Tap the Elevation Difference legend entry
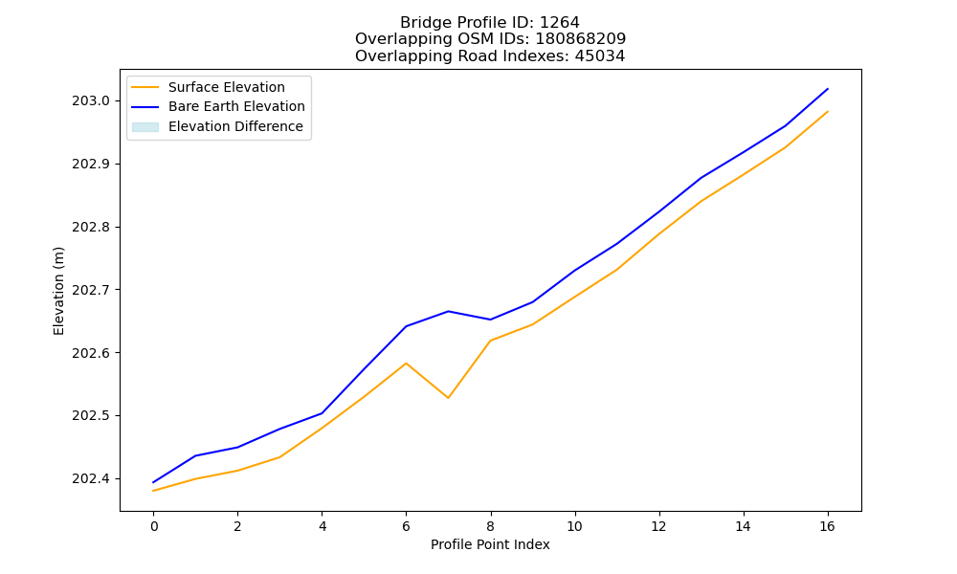[217, 126]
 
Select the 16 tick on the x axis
[827, 526]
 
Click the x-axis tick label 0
[154, 526]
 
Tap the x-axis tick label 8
[491, 526]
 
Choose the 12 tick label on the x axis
[658, 526]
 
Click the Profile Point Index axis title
[490, 544]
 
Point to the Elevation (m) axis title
[58, 291]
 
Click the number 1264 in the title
[560, 23]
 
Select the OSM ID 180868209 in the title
[581, 39]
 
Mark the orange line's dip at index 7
[449, 398]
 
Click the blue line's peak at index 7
[449, 311]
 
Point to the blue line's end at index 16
[828, 89]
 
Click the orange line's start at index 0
[153, 491]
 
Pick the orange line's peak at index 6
[407, 363]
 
